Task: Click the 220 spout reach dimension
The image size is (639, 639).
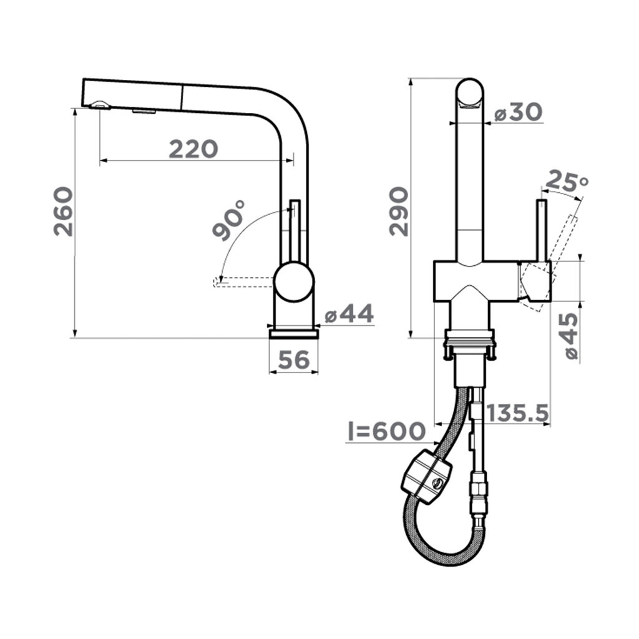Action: point(193,149)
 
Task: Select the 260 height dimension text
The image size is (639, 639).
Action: point(64,211)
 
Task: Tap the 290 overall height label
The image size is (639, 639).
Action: point(399,211)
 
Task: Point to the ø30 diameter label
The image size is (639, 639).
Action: point(519,112)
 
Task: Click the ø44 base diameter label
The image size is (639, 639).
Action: point(349,315)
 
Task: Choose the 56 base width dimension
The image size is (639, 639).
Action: point(294,360)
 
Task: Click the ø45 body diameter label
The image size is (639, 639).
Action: point(569,336)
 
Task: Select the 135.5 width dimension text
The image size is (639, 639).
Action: point(518,413)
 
